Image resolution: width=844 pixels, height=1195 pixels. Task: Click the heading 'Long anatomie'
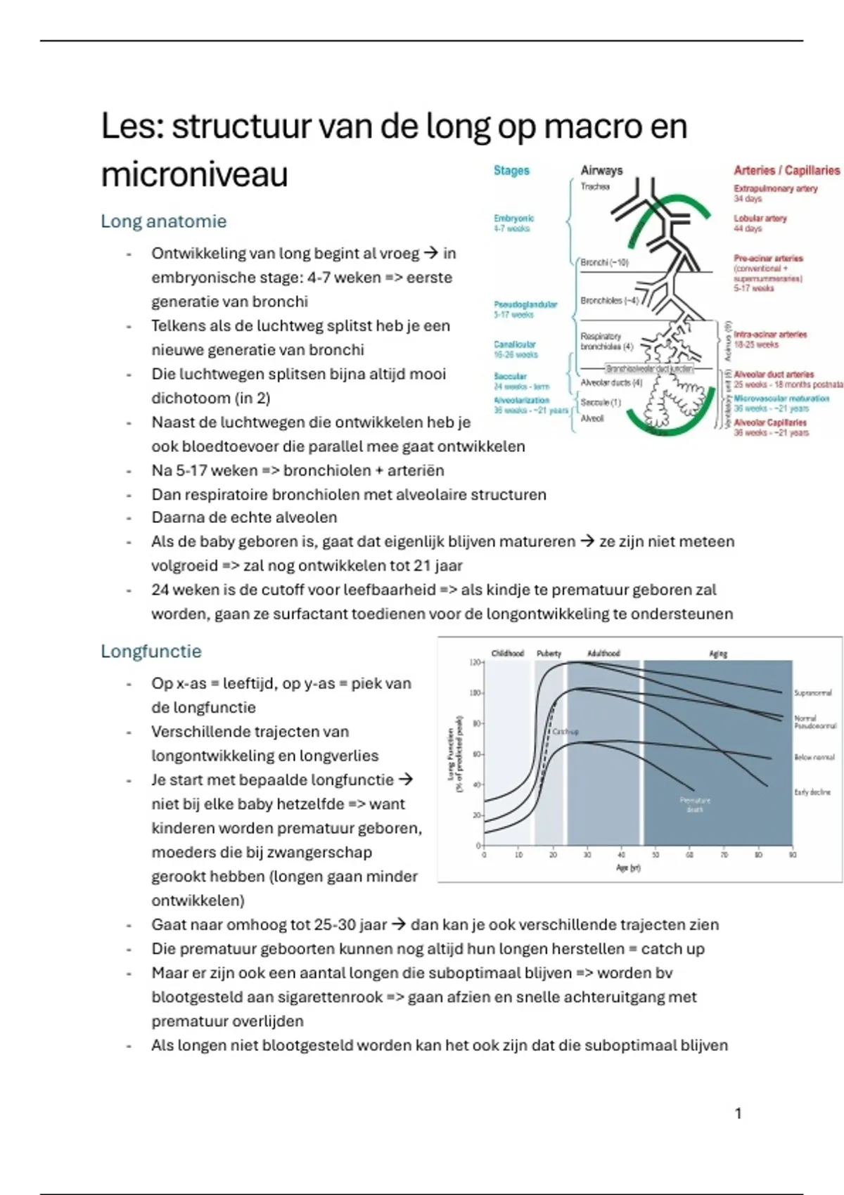(163, 221)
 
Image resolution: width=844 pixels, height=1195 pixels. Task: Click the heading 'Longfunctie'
(151, 652)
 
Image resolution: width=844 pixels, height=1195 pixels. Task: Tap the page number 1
(738, 1113)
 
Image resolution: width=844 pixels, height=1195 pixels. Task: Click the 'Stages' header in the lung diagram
(511, 171)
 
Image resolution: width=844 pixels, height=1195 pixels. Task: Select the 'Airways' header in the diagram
(601, 170)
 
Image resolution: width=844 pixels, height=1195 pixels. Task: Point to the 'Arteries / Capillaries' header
(786, 170)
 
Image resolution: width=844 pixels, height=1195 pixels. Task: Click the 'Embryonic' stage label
(513, 219)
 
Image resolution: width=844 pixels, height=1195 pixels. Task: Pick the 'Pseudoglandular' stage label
(525, 304)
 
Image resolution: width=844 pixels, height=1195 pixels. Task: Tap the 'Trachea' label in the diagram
(595, 187)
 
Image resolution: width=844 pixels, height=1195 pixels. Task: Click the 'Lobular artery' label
(760, 219)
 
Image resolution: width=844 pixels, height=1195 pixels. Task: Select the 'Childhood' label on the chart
(507, 654)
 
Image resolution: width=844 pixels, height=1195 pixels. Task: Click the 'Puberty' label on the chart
(549, 654)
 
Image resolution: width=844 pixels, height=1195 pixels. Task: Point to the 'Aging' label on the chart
(717, 654)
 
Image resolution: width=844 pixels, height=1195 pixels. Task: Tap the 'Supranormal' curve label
(812, 693)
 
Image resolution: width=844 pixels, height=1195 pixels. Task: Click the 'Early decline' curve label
(812, 792)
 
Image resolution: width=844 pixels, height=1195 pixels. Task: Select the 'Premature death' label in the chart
(695, 805)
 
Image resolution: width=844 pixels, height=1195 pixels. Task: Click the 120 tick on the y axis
(474, 662)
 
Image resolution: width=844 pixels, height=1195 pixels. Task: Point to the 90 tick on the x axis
(793, 855)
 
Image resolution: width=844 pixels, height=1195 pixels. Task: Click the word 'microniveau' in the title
(194, 174)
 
